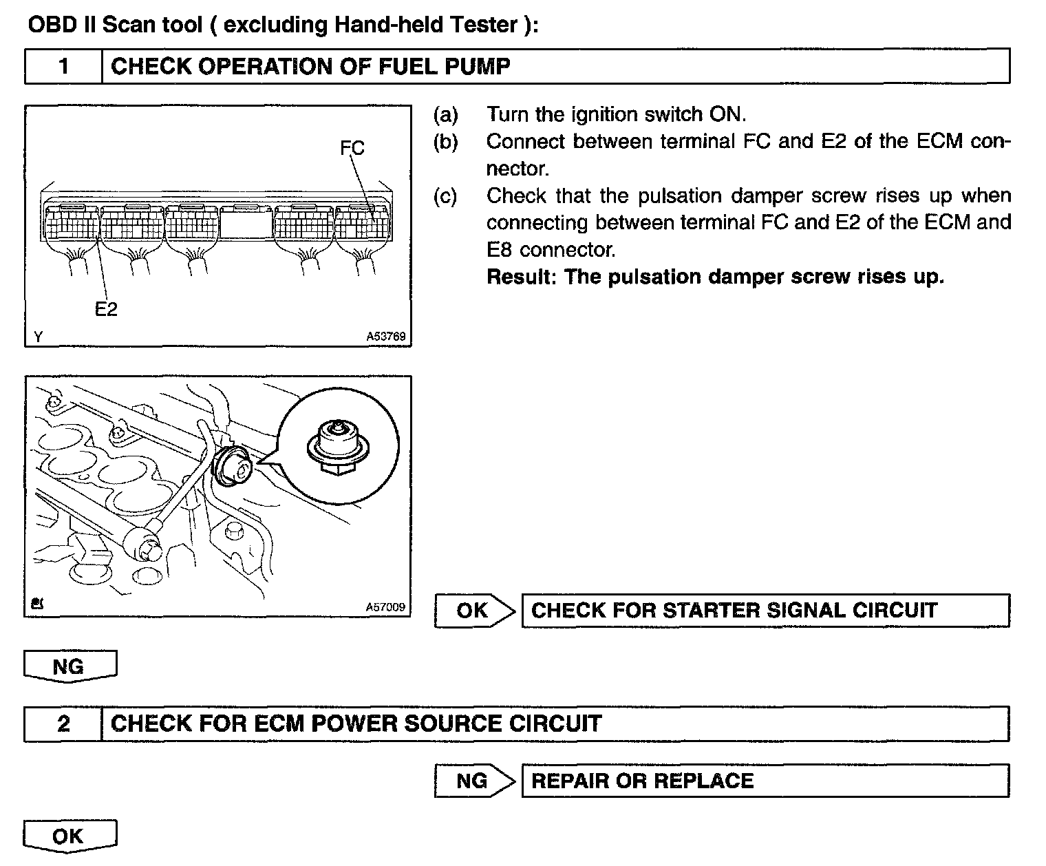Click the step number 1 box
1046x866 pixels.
click(63, 67)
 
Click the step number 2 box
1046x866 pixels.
click(63, 724)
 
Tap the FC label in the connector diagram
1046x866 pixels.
click(352, 148)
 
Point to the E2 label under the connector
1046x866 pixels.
click(106, 310)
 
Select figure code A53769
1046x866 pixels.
click(385, 337)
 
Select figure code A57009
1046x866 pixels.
click(385, 607)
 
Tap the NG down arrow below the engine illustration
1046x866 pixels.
click(70, 666)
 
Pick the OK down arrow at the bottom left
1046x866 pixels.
click(70, 836)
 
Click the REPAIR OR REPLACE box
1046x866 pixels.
click(765, 781)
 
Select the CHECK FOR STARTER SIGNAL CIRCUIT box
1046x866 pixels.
click(765, 611)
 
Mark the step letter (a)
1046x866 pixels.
click(445, 114)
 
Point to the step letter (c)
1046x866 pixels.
click(445, 196)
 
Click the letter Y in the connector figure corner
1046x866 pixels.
click(38, 337)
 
